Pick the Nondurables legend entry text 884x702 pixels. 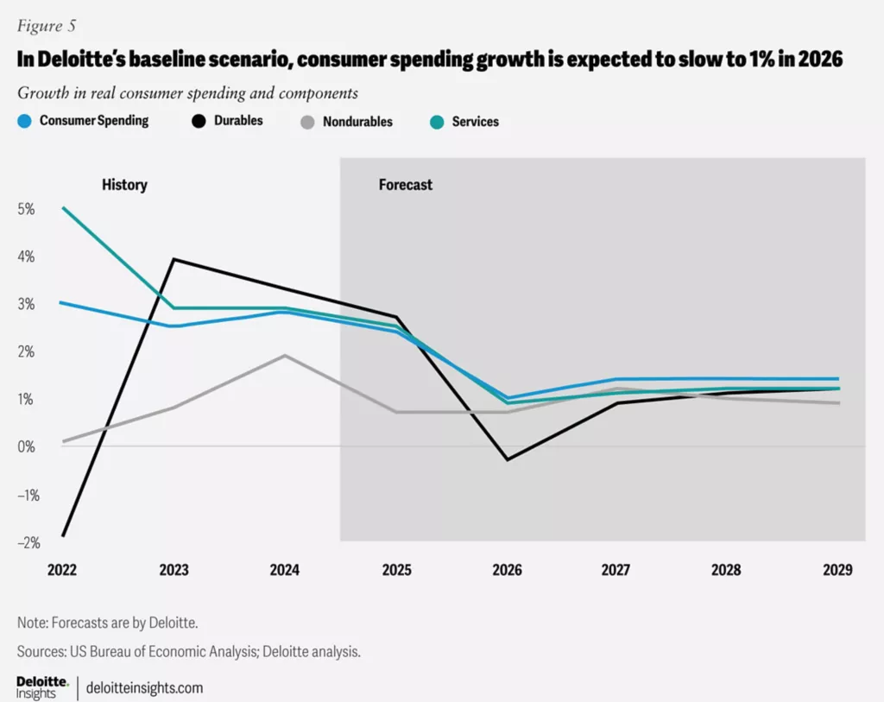pos(357,122)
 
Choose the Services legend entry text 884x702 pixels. pos(476,122)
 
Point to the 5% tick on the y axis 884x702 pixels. pos(26,209)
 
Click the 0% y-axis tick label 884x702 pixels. pos(26,446)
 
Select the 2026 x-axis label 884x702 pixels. pos(506,570)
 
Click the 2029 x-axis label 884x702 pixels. pos(837,570)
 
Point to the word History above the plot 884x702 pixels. pos(124,185)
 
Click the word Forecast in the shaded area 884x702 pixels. pos(406,185)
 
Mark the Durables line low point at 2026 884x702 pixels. pos(508,459)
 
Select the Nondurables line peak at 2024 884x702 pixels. pos(286,356)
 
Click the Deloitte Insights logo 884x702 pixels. pos(42,687)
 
